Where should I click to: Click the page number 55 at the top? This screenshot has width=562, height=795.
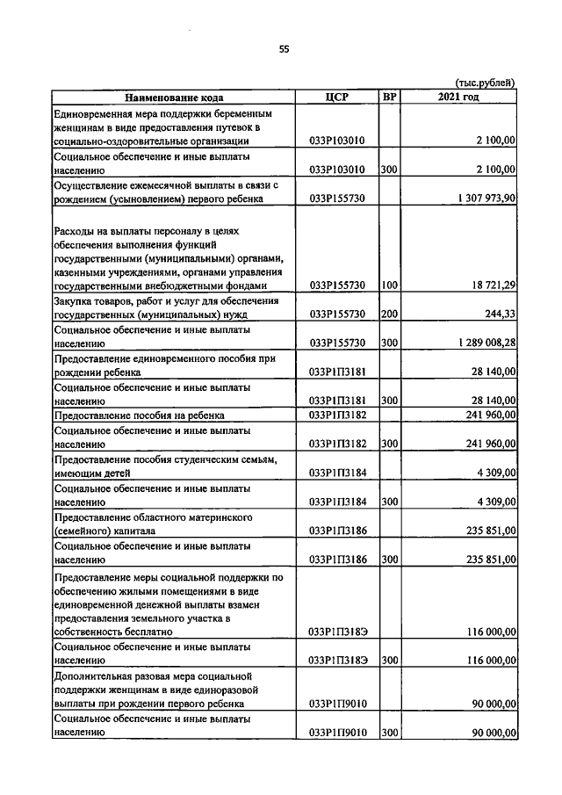(284, 49)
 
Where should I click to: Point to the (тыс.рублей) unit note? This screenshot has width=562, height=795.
(484, 83)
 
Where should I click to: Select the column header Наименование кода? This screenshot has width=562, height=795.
(173, 98)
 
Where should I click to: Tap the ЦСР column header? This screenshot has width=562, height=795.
(338, 98)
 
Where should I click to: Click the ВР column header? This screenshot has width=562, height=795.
(389, 98)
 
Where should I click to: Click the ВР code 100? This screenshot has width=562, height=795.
(389, 285)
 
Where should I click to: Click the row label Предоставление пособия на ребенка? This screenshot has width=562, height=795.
(140, 415)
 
